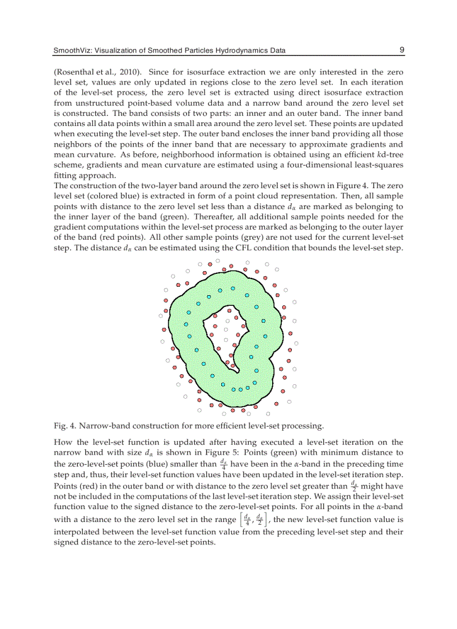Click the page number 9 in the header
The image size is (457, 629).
tap(402, 50)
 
